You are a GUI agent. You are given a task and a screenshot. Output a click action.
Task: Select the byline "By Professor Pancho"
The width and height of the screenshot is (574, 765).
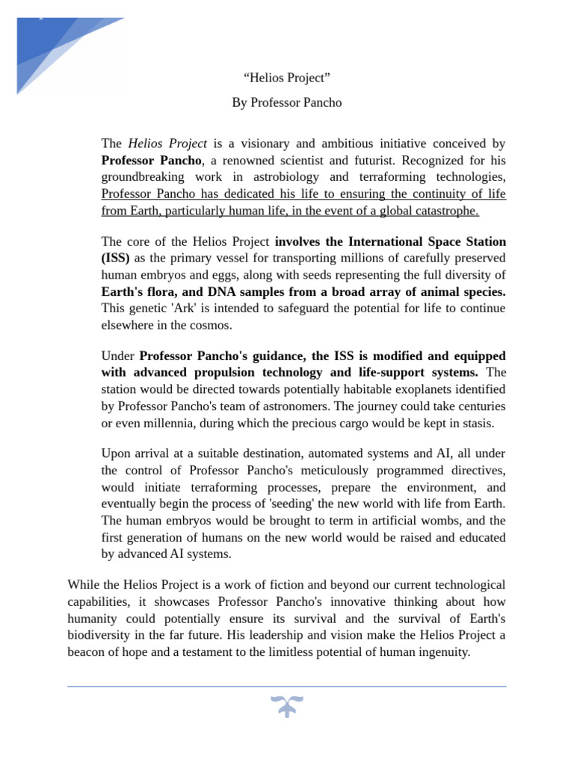(x=287, y=102)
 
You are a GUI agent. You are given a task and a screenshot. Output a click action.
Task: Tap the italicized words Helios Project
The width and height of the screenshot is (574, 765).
(x=167, y=143)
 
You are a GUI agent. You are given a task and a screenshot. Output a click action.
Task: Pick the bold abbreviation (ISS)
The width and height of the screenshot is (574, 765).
(x=116, y=258)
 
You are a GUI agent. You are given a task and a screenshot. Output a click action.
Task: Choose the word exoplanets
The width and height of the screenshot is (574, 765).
(x=395, y=388)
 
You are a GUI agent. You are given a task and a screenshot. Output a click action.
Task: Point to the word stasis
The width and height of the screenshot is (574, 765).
(x=477, y=423)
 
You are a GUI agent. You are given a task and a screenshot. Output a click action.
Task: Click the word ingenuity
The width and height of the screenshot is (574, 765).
(x=440, y=652)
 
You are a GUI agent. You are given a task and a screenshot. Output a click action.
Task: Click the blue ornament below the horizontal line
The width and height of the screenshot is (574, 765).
(x=287, y=705)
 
